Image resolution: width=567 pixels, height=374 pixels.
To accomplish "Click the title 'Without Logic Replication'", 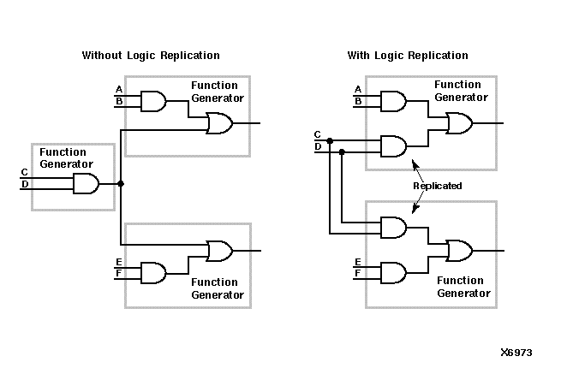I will (x=151, y=56).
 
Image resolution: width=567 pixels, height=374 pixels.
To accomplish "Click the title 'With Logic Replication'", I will (x=408, y=56).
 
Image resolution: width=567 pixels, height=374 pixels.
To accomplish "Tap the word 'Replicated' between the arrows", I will (x=437, y=186).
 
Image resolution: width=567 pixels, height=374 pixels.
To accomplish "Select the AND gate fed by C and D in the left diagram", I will (x=85, y=183).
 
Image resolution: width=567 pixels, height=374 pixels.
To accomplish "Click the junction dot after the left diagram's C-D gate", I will (x=121, y=183).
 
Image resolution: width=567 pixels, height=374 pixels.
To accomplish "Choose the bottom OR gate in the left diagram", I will (x=219, y=251).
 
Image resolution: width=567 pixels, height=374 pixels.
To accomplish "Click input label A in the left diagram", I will (x=118, y=90).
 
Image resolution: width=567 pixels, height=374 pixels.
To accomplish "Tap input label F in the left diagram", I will (x=118, y=275).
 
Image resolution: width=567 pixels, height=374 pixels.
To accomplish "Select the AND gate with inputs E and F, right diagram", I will (x=392, y=272).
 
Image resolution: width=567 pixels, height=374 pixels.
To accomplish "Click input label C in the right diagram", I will (x=318, y=134).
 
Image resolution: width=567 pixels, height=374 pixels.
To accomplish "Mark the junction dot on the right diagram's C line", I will (x=330, y=140).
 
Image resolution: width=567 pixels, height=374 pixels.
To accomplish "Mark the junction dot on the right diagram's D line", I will (x=342, y=152).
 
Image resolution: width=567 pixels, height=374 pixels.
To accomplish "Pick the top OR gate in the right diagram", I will (x=459, y=124).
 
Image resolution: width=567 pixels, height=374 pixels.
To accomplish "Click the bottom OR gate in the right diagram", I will (x=459, y=250).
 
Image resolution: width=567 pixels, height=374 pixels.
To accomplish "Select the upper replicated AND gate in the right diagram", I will (x=392, y=146).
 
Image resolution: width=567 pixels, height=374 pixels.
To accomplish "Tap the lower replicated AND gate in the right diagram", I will (x=392, y=227).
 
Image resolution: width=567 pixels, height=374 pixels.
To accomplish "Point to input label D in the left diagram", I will (x=25, y=184).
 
